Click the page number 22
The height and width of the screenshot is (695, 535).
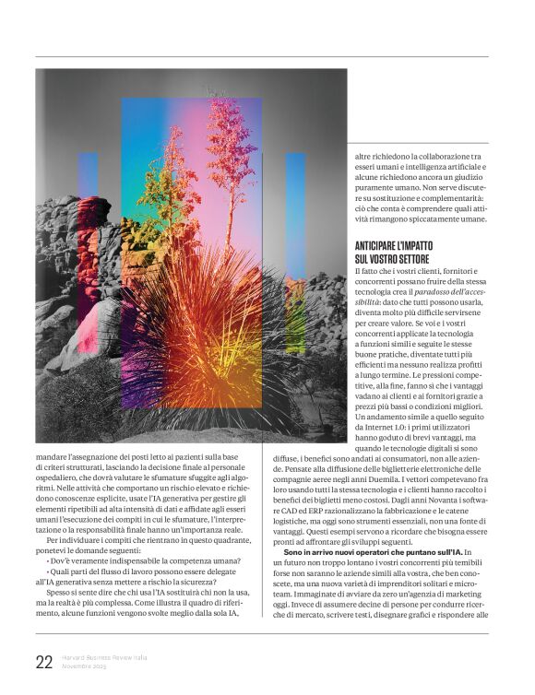(43, 661)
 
